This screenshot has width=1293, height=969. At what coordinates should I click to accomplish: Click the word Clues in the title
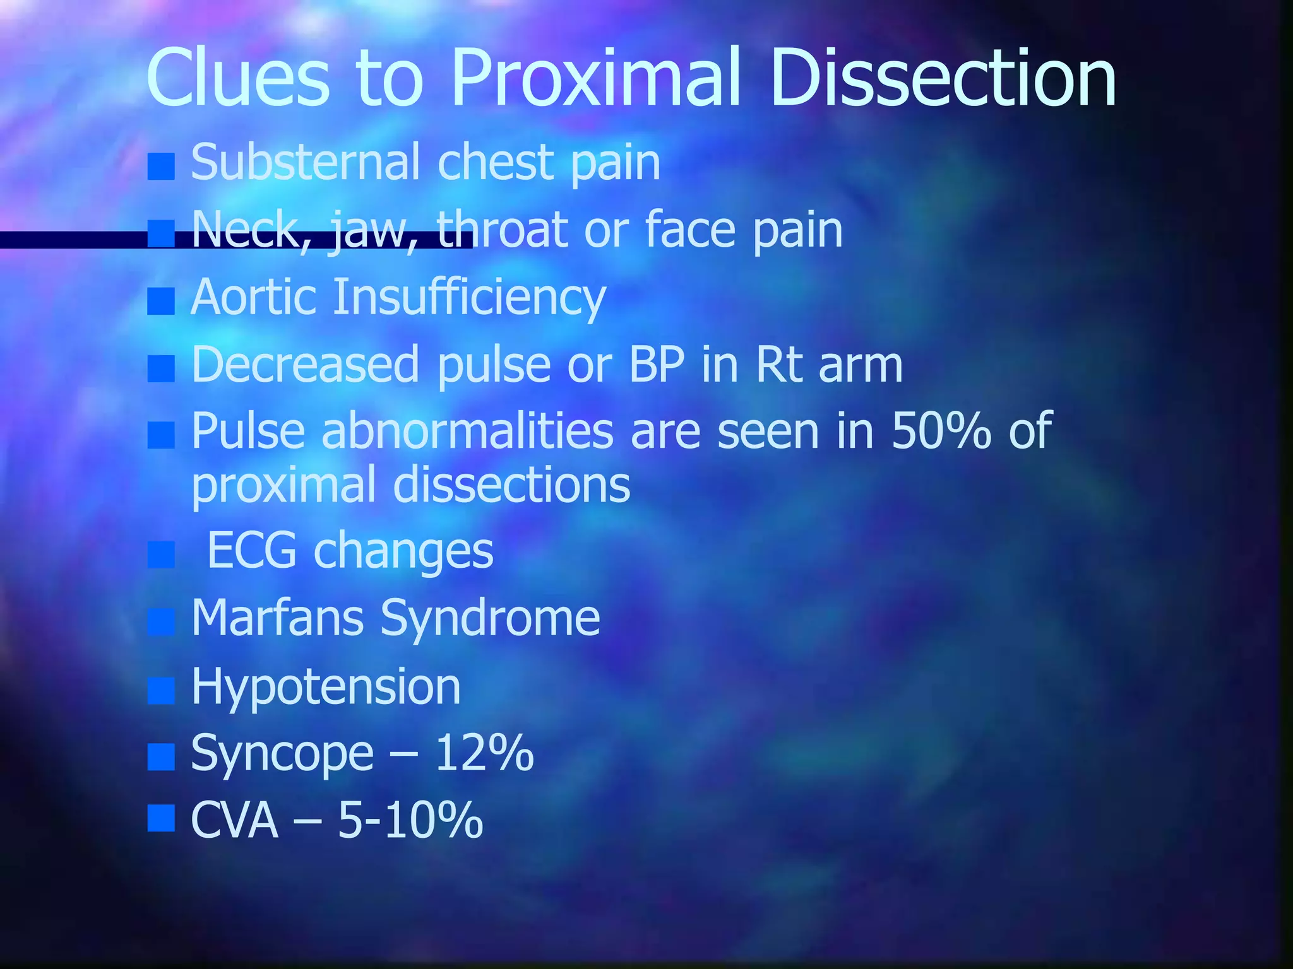237,78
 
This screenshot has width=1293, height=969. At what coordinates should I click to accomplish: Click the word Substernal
305,162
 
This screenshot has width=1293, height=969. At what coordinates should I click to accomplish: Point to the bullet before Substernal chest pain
161,167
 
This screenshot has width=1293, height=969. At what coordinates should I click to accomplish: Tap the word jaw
373,231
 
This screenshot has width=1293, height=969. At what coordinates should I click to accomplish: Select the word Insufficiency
469,297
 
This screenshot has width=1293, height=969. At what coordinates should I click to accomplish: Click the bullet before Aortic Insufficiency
161,302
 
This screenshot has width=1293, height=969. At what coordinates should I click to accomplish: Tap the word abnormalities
467,431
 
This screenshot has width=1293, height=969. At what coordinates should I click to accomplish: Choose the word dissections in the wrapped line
511,486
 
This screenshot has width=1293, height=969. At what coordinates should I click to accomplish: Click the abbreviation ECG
251,550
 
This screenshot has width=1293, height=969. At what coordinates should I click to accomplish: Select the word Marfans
277,618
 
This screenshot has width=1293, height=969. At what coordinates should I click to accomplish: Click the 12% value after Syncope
484,753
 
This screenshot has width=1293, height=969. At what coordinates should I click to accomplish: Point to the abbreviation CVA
234,820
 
